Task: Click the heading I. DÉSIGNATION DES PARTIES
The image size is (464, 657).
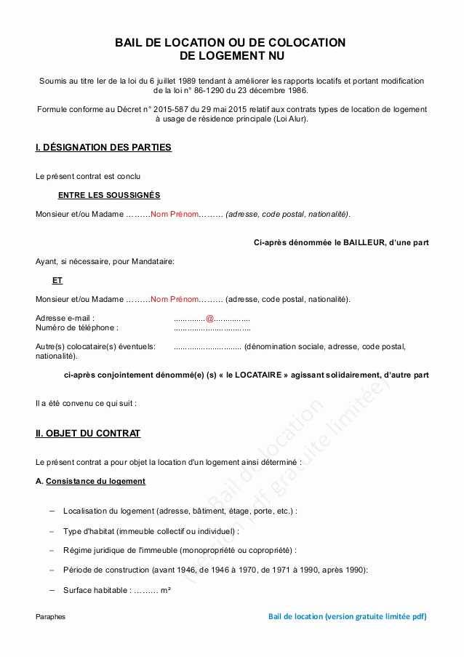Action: (x=103, y=148)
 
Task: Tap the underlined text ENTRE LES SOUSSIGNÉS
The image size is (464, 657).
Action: (x=109, y=195)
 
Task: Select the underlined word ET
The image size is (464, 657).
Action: (x=57, y=280)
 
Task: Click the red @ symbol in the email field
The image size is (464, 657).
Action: (x=209, y=318)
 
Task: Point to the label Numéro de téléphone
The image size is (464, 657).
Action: (x=76, y=327)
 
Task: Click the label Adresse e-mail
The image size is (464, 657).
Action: (x=65, y=318)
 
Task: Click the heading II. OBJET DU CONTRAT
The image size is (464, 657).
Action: (x=88, y=434)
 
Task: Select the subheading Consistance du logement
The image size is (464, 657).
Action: (x=95, y=481)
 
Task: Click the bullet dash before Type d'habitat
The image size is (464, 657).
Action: (x=52, y=531)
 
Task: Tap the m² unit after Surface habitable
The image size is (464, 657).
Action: (x=165, y=590)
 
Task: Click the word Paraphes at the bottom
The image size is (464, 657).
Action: (x=50, y=617)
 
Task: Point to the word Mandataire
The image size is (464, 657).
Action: (x=153, y=261)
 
